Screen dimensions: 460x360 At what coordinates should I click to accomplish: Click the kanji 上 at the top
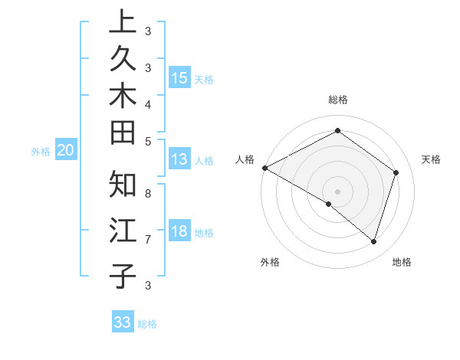tap(122, 23)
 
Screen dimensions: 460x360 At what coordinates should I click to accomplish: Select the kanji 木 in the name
tap(122, 96)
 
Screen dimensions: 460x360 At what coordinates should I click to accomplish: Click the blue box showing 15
tap(179, 77)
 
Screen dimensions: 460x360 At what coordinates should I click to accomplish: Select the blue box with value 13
tap(179, 159)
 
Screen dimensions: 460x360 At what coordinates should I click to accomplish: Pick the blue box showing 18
tap(179, 232)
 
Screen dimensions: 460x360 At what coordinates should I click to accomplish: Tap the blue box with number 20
tap(66, 151)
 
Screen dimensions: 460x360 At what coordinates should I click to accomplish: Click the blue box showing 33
tap(123, 322)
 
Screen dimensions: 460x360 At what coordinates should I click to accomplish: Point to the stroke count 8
tap(147, 195)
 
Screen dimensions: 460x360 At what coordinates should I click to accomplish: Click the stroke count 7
tap(147, 240)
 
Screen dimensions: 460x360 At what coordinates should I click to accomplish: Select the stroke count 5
tap(147, 141)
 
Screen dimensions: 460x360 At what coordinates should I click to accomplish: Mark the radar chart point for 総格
tap(337, 130)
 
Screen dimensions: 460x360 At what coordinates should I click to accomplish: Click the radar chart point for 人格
tap(264, 168)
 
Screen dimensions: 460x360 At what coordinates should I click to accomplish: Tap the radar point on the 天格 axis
tap(396, 172)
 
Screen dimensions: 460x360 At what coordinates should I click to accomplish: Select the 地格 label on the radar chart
tap(402, 262)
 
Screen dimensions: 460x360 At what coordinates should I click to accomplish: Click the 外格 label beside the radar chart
tap(270, 262)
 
